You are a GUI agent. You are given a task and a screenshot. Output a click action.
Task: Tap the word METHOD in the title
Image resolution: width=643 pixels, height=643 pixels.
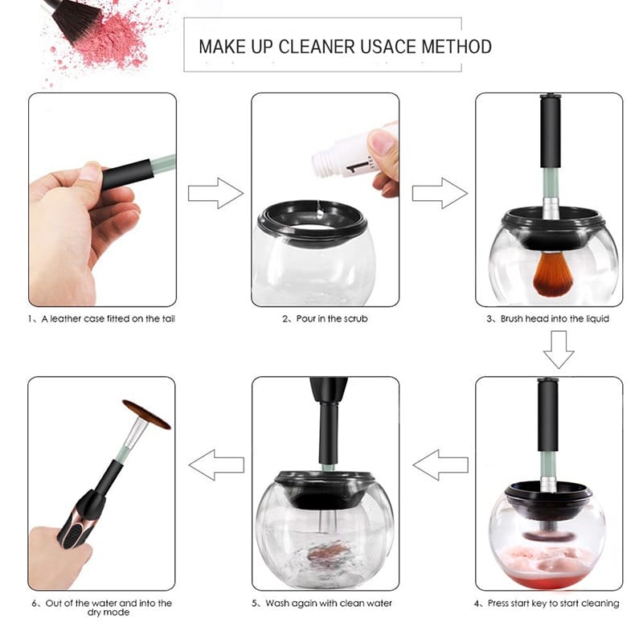click(457, 47)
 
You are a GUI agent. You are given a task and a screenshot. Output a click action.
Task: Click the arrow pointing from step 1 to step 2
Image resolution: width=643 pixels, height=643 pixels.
click(215, 193)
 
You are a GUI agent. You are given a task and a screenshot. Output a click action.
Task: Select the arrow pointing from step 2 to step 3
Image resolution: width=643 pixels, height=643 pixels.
click(440, 193)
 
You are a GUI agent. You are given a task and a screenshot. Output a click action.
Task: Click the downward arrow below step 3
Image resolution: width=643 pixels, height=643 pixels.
click(559, 350)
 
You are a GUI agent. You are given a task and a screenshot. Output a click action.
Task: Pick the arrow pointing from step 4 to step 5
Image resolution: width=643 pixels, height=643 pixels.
click(440, 465)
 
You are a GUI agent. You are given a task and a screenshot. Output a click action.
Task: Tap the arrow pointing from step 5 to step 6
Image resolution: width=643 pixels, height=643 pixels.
click(216, 465)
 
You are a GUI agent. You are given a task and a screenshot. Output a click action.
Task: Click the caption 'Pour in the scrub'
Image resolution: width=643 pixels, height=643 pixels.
click(332, 318)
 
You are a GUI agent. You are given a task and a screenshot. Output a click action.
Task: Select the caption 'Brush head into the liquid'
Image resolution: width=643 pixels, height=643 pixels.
click(555, 318)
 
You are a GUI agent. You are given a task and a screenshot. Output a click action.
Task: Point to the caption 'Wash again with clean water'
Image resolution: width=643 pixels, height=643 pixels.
click(329, 604)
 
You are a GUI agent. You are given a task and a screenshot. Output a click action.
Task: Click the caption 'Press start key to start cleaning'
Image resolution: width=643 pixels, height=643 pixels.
click(553, 604)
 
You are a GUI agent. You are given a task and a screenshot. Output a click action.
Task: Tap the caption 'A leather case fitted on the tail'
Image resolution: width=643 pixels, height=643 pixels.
click(109, 318)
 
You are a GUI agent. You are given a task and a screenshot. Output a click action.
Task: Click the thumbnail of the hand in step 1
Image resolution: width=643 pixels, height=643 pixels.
click(90, 171)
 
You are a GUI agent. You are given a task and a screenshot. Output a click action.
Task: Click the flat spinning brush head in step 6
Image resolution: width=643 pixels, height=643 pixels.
click(146, 414)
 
